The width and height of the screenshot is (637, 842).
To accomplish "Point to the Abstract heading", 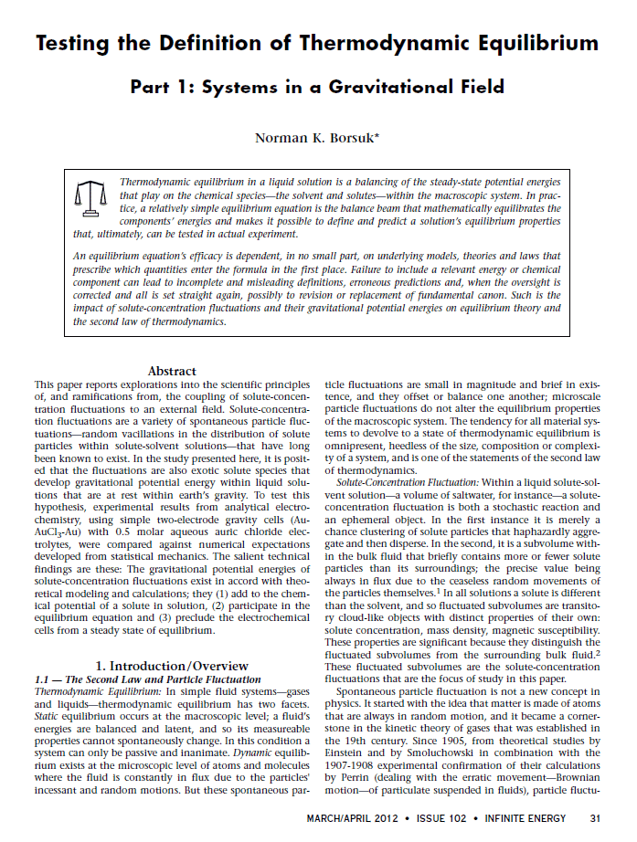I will [172, 371].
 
